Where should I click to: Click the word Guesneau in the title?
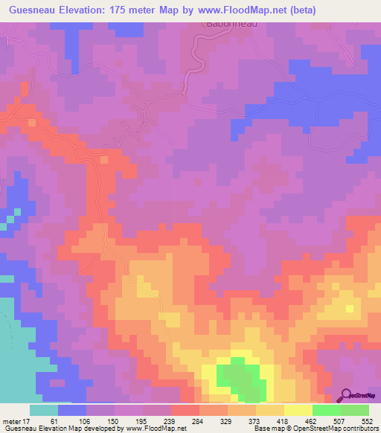[x=35, y=10]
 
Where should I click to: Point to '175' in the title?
[x=133, y=10]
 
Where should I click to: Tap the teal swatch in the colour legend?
[x=44, y=411]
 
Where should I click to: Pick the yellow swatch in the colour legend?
[x=298, y=411]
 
